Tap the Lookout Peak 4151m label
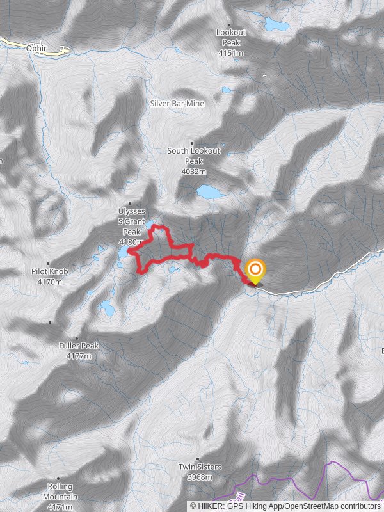coord(230,42)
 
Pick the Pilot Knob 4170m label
coord(49,276)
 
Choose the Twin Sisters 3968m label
coord(200,471)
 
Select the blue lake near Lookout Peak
coord(276,25)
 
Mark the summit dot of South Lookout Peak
coord(191,143)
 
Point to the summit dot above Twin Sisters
coord(198,459)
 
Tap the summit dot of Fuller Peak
coord(77,338)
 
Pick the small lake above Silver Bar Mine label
coord(226,90)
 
